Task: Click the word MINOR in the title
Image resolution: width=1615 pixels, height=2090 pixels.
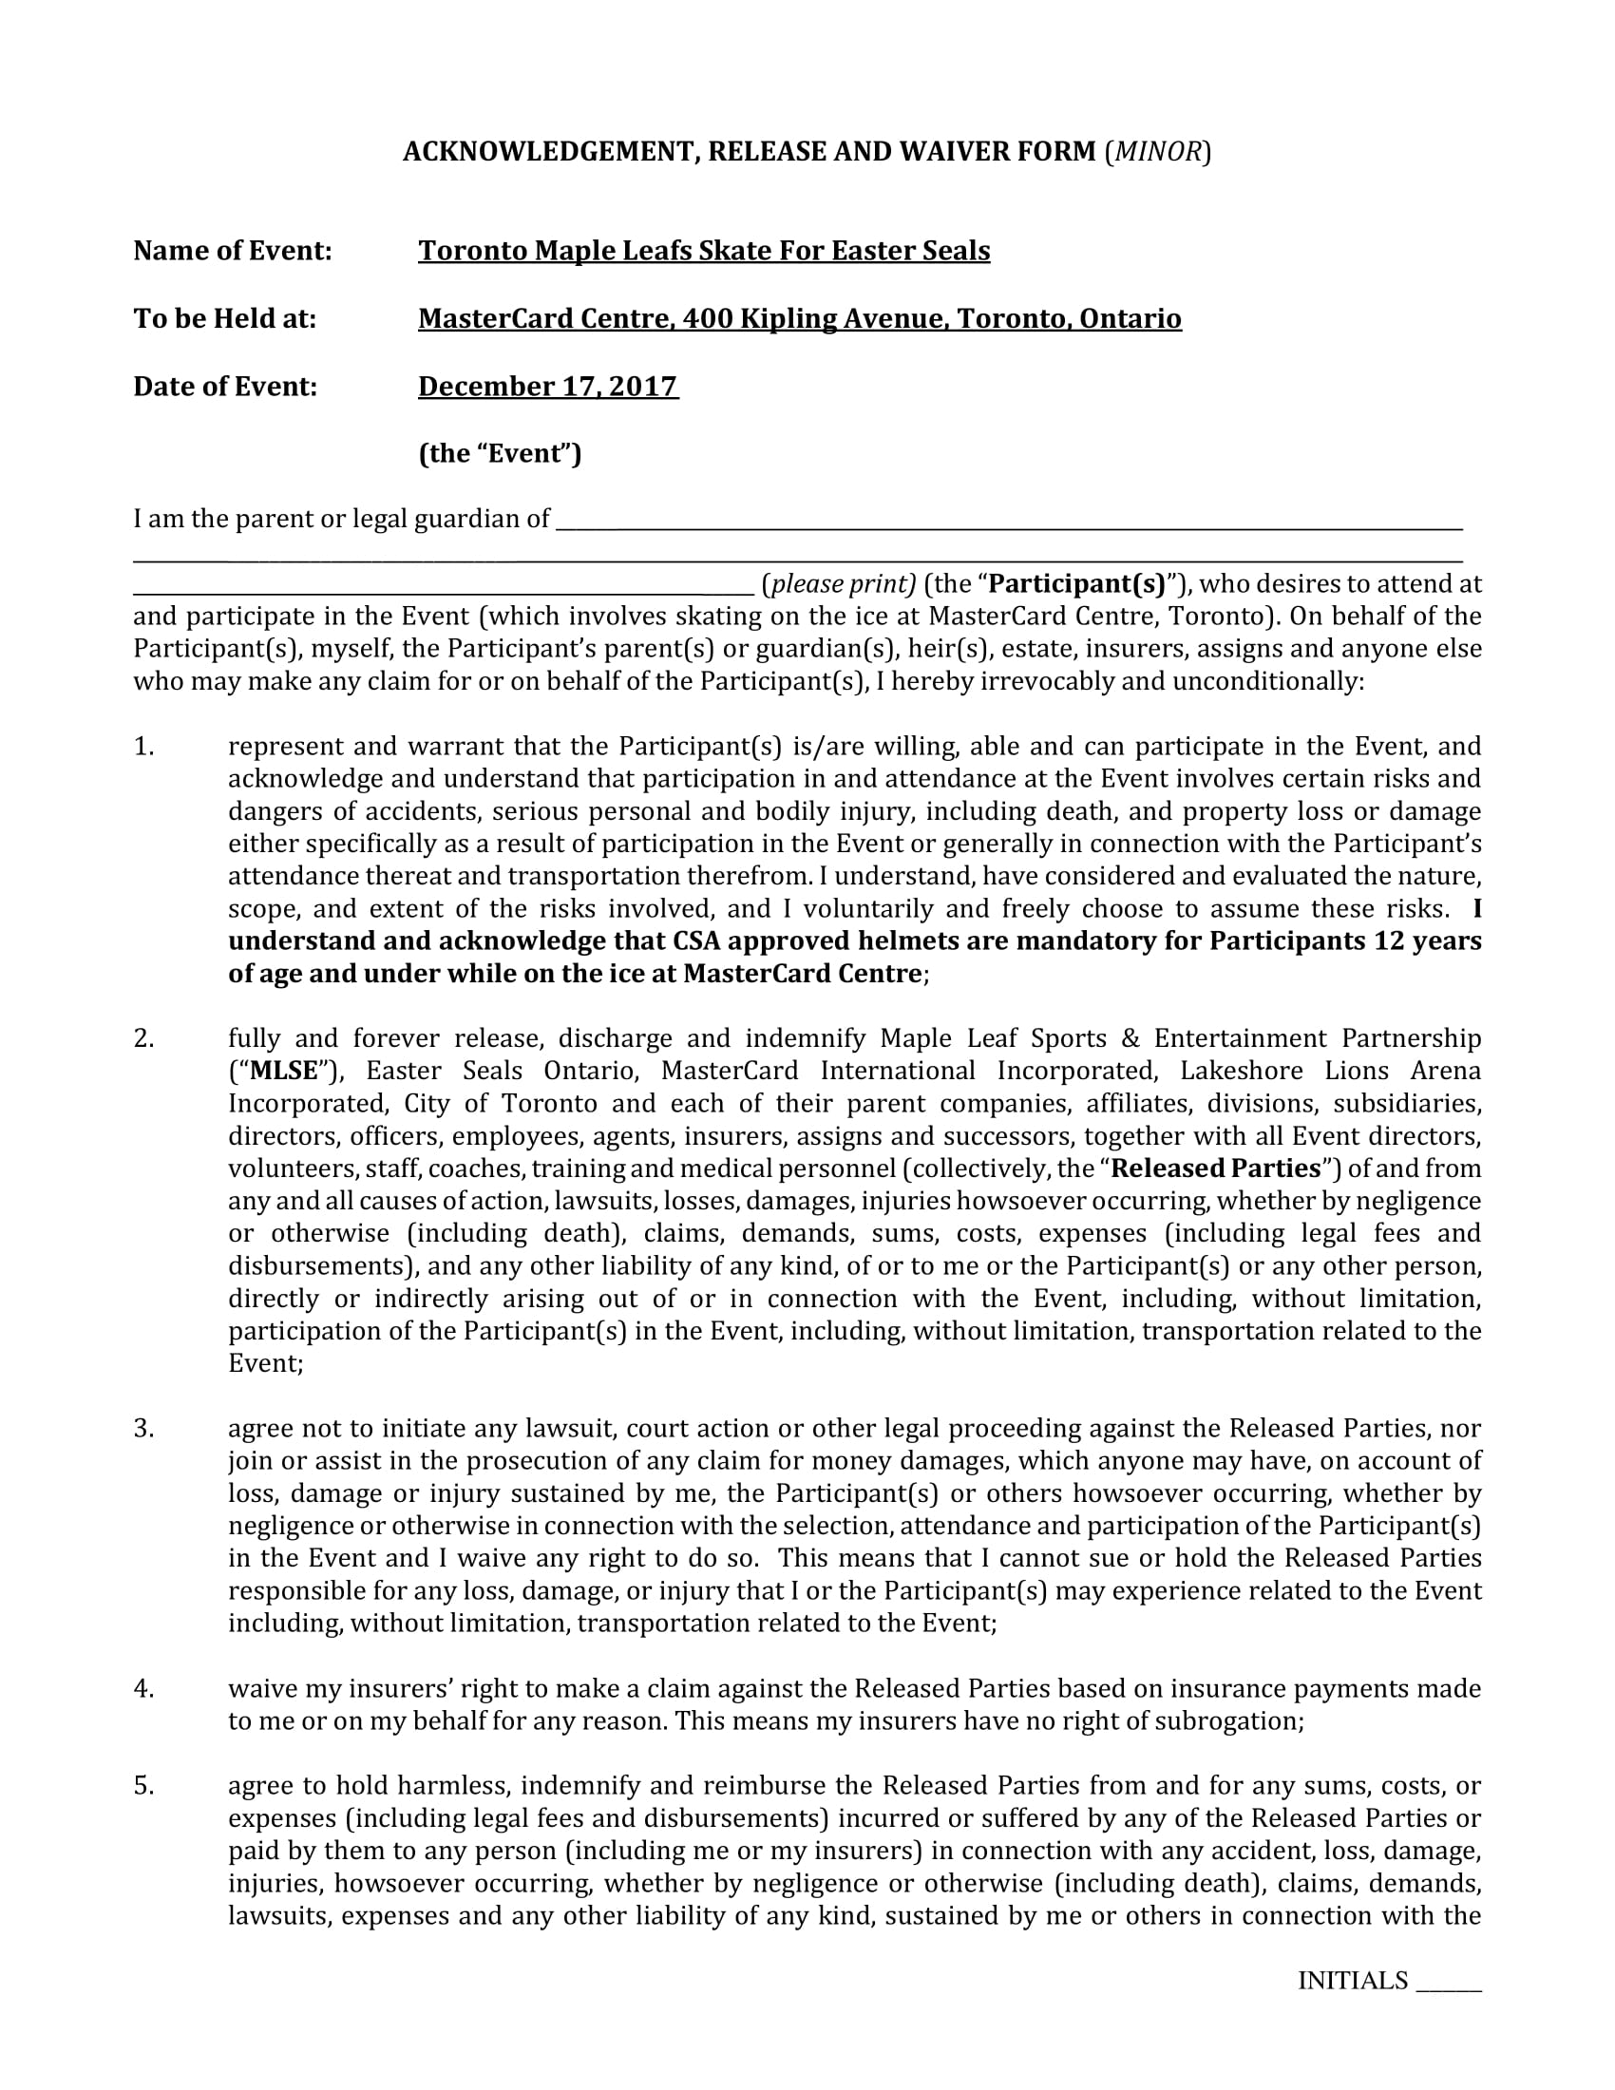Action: (x=1157, y=151)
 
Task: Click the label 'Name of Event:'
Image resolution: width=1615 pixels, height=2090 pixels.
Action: (x=233, y=251)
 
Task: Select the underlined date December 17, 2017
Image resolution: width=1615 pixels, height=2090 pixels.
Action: (x=548, y=387)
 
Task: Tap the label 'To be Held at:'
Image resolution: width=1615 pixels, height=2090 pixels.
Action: (x=225, y=318)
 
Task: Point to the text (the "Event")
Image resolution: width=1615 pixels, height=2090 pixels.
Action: (x=500, y=453)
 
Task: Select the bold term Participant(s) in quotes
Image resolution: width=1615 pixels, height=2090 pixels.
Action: (x=1076, y=583)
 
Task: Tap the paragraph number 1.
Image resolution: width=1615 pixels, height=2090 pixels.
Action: (x=143, y=747)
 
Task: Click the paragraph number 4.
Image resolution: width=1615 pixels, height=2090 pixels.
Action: (x=143, y=1688)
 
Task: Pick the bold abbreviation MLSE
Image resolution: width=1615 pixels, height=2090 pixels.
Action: (x=283, y=1071)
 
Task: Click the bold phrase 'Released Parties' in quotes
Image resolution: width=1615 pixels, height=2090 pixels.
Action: (x=1216, y=1168)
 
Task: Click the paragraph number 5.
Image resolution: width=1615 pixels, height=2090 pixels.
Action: (x=143, y=1786)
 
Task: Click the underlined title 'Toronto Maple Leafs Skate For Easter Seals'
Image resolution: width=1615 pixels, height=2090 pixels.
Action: (x=703, y=251)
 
